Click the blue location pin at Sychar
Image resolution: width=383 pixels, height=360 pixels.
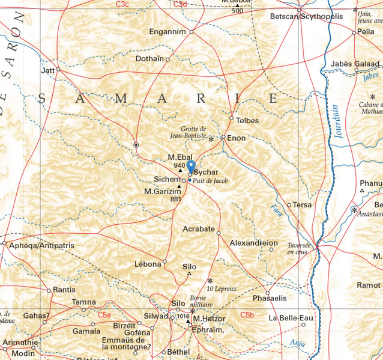tap(191, 166)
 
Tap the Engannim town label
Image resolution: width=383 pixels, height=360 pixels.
tap(168, 32)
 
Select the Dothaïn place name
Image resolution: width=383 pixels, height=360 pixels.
tap(149, 59)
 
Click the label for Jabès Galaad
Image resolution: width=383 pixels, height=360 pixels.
tap(355, 64)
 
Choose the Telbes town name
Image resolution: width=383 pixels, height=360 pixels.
tap(247, 120)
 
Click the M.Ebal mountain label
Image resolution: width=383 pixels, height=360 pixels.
tap(180, 157)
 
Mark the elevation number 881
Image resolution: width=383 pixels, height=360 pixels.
tap(176, 199)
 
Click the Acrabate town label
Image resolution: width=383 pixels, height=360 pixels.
tap(199, 228)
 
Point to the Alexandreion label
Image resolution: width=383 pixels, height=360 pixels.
tap(254, 243)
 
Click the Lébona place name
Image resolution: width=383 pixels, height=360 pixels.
tap(148, 263)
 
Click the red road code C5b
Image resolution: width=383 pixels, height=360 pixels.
tap(247, 315)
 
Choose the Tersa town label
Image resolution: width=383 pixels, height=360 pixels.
tap(302, 205)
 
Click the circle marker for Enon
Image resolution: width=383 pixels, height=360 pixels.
tap(223, 138)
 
